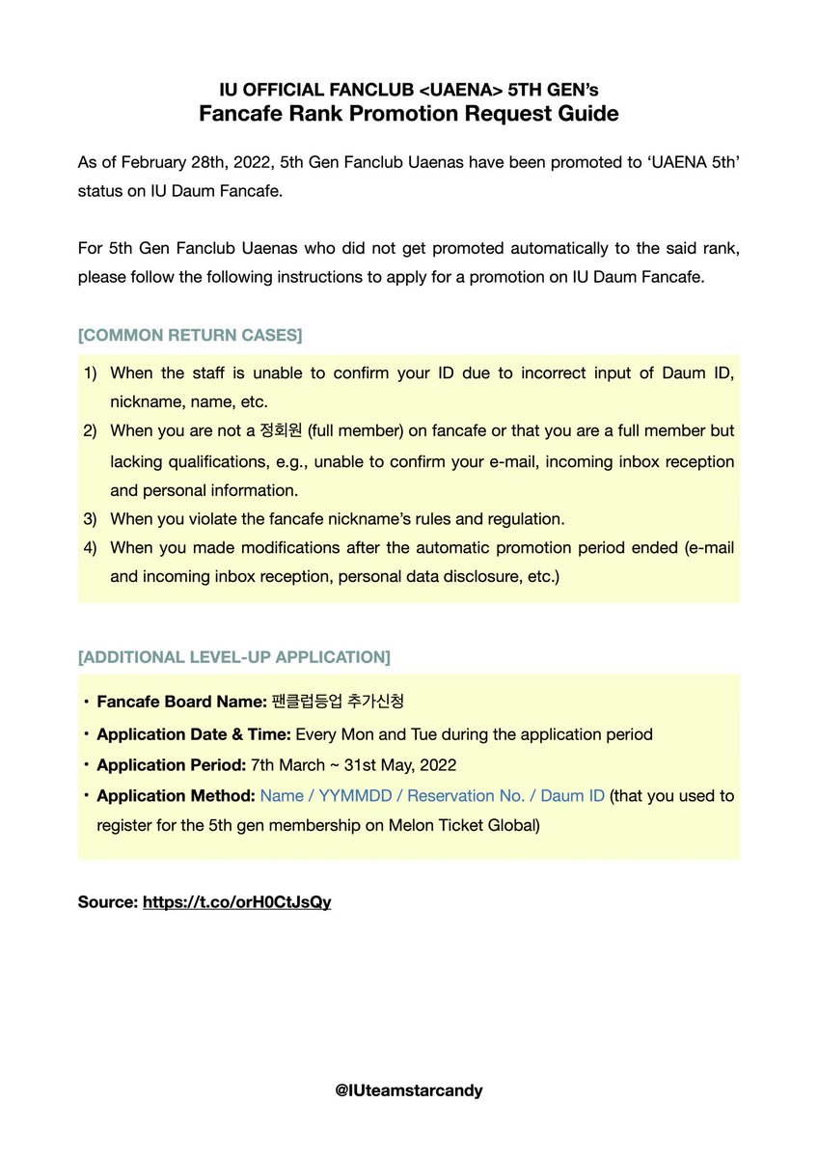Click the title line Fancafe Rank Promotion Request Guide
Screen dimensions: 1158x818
[408, 114]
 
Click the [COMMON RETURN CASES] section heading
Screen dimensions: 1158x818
[189, 335]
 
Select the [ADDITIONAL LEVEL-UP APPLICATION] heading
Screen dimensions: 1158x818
[233, 657]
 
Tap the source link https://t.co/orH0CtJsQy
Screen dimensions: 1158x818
[236, 902]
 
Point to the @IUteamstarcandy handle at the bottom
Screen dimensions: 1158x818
[408, 1090]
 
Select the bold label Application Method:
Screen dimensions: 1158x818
[176, 795]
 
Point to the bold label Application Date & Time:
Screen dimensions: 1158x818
[194, 734]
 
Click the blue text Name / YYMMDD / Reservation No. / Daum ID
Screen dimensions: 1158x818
[432, 795]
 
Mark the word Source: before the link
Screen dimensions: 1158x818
[107, 902]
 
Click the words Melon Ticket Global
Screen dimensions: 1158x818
[456, 826]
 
